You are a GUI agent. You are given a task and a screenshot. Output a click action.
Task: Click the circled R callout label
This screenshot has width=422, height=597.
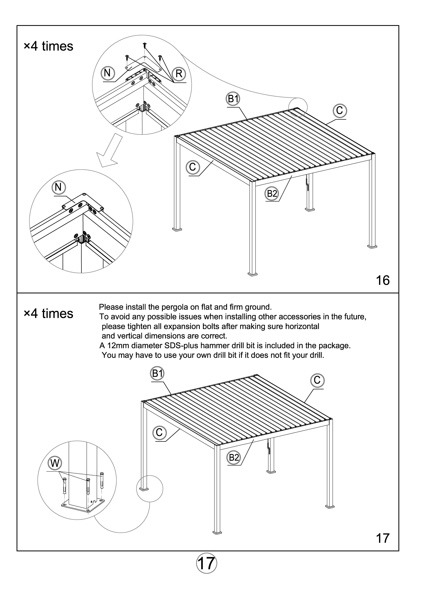coord(179,74)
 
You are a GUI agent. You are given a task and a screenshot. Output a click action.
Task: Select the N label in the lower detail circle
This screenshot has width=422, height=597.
coord(59,187)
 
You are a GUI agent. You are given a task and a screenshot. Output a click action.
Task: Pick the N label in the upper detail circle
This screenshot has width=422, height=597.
coord(107,73)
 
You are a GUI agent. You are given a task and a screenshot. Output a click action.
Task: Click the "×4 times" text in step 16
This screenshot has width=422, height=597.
coord(49,46)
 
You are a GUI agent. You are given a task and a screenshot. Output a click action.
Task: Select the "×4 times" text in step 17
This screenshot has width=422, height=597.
coord(49,314)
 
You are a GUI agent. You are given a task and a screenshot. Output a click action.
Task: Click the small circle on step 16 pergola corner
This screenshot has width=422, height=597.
coord(298,107)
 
